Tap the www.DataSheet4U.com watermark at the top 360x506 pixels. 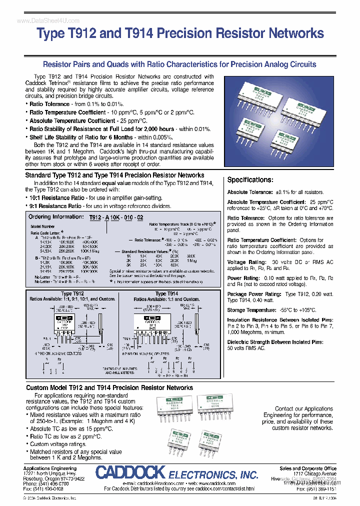41,20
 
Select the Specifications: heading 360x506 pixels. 250,180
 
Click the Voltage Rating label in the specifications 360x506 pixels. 243,262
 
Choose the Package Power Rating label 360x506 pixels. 254,294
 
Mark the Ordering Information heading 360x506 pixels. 56,217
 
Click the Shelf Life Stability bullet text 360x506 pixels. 81,137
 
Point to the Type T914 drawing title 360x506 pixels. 166,294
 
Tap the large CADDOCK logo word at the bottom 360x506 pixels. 130,473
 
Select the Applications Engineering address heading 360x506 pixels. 50,468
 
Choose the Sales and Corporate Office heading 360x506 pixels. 308,468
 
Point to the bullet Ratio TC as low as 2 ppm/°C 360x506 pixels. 65,436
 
